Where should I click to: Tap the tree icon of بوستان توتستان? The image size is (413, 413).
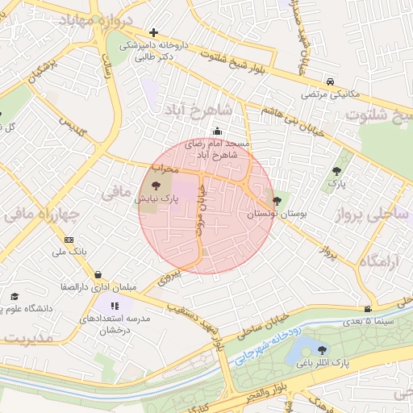tap(277, 201)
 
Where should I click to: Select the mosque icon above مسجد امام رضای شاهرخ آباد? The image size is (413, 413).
tap(215, 132)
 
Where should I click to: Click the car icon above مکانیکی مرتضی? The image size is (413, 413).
tap(331, 82)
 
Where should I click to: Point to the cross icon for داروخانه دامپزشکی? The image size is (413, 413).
tap(154, 32)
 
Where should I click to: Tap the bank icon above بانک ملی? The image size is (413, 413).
tap(69, 240)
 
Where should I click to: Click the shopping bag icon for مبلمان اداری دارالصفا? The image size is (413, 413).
tap(98, 274)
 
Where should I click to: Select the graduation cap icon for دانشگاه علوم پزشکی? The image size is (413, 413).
tap(14, 297)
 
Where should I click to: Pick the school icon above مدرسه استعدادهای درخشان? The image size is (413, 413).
tap(115, 307)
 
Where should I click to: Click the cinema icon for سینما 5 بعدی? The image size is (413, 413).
tap(368, 309)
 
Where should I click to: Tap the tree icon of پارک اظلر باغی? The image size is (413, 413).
tap(323, 350)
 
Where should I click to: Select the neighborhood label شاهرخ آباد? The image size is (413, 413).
tap(198, 108)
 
